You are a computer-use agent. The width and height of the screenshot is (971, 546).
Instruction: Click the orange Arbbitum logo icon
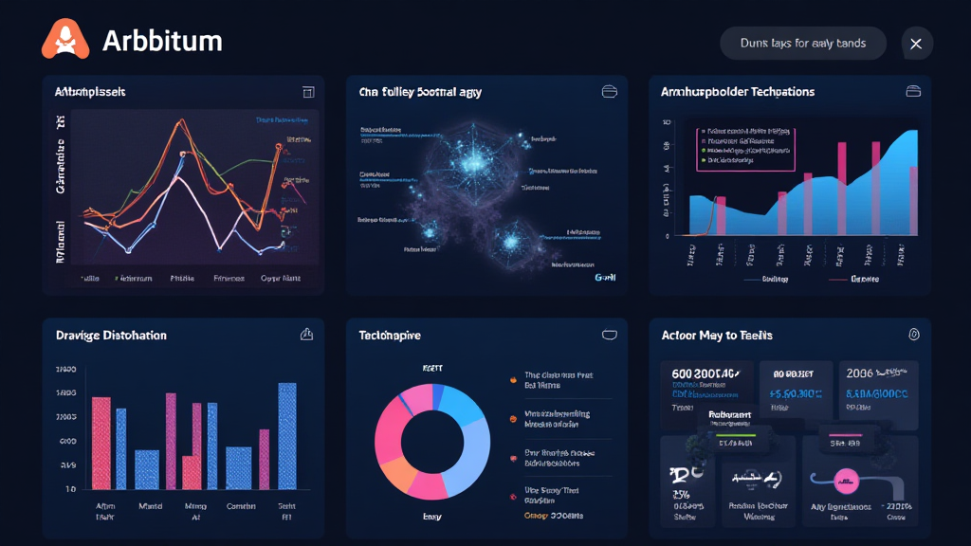tap(65, 41)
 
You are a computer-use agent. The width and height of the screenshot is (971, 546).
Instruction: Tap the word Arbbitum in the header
tap(161, 42)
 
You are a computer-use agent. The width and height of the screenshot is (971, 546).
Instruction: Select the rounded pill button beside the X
tap(803, 44)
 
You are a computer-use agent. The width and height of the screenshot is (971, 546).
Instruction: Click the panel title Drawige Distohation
tap(111, 336)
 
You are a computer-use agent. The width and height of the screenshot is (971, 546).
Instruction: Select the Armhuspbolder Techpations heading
tap(738, 92)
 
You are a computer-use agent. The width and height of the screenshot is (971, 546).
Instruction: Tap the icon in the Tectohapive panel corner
tap(610, 335)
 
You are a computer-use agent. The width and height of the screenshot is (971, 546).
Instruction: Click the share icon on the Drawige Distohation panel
tap(306, 335)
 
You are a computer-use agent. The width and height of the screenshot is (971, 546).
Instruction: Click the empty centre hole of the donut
tap(432, 441)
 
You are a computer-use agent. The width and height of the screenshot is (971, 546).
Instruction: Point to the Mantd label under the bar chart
tap(151, 506)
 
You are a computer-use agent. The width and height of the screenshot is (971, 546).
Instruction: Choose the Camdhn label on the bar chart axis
tap(242, 506)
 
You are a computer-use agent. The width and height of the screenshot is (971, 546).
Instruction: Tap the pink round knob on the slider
tap(844, 478)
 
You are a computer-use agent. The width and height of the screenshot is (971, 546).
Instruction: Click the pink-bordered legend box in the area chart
tap(745, 147)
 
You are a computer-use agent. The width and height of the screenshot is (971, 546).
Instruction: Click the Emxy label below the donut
tap(432, 517)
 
